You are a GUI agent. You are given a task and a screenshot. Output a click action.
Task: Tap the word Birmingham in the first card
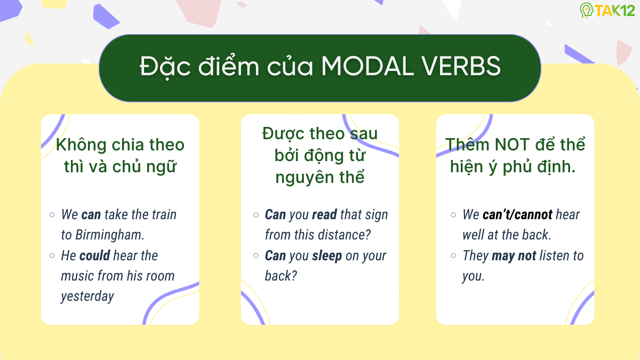[110, 235]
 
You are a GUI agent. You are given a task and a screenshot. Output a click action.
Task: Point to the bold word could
[95, 255]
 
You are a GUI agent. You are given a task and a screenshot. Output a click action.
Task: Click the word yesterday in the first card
[87, 296]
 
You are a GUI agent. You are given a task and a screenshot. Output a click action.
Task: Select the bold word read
[324, 214]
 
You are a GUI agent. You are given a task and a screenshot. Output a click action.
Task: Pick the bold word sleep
[327, 255]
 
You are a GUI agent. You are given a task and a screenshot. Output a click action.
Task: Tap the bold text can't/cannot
[517, 214]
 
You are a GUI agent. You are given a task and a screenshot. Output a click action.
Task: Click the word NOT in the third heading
[512, 145]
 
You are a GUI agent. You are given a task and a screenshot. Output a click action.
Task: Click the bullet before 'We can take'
[52, 214]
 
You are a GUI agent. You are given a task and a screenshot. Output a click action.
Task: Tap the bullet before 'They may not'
[453, 255]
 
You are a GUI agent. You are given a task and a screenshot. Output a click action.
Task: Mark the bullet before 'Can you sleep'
[256, 255]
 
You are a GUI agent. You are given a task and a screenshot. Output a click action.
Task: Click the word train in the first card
[164, 214]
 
